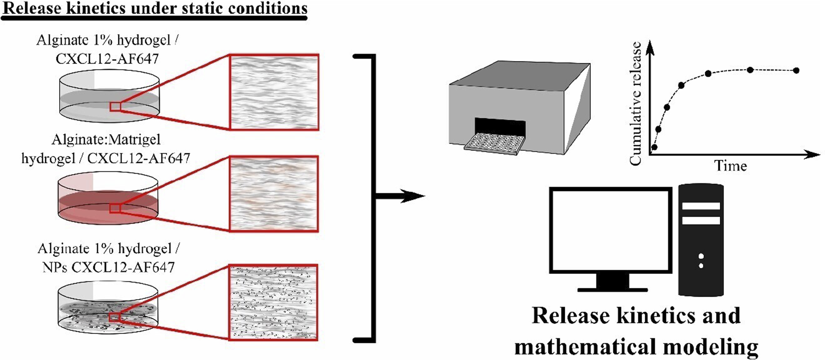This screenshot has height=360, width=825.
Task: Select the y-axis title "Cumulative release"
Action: [x=636, y=103]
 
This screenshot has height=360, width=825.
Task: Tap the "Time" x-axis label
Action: [x=730, y=166]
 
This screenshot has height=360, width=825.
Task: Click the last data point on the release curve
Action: [x=796, y=70]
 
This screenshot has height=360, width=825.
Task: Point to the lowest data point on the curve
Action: [x=654, y=147]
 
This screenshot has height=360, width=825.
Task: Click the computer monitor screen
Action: [x=611, y=230]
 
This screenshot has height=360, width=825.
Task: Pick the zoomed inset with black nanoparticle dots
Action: [x=274, y=302]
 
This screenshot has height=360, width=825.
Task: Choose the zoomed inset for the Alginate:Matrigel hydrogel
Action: [x=274, y=193]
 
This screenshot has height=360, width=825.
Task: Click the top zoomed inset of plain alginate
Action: [x=274, y=92]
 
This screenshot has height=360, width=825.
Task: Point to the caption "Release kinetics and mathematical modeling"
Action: [x=636, y=331]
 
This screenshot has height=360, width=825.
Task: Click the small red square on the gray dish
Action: [x=115, y=107]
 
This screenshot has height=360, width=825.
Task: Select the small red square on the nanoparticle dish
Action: [x=115, y=317]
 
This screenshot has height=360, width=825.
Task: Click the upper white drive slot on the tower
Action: [x=701, y=205]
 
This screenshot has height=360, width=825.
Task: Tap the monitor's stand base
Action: [x=613, y=289]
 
